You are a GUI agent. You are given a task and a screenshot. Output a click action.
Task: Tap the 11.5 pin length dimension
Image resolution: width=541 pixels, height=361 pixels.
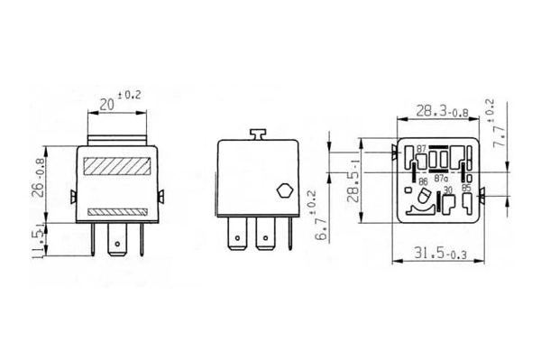39,242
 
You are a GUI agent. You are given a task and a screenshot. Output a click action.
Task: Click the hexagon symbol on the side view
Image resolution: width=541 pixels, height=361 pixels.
281,191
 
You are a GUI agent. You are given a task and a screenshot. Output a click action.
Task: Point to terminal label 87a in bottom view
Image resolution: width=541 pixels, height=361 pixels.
441,179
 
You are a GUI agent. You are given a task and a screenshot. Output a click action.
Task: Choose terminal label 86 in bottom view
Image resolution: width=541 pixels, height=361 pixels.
422,180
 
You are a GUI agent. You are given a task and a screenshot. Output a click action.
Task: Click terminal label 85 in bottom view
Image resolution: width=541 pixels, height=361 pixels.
466,190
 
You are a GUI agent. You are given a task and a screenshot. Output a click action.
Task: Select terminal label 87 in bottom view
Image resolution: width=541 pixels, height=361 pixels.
420,148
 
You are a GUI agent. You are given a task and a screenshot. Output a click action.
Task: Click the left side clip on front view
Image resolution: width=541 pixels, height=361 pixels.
72,196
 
